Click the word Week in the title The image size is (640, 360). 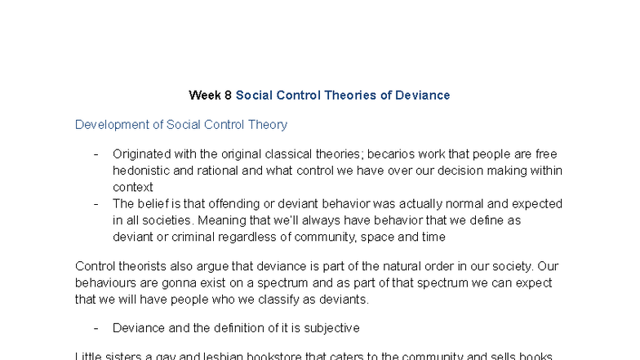(x=205, y=96)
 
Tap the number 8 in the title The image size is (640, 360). (x=228, y=96)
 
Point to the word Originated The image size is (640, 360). (x=143, y=154)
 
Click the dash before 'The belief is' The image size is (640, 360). (x=96, y=204)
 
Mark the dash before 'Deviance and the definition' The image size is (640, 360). (x=96, y=328)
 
